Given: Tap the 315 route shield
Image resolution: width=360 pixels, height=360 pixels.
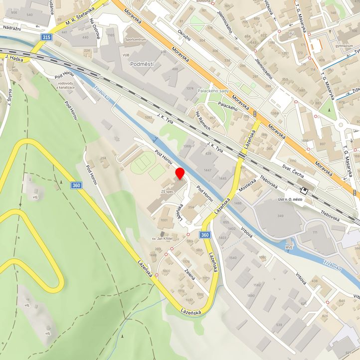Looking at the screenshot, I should point(46,37).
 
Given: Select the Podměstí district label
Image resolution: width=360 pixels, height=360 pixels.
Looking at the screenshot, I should point(142,65).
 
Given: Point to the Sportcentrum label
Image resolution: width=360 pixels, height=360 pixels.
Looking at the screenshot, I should point(136,38).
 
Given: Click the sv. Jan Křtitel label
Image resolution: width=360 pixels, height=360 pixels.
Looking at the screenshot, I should point(165,239).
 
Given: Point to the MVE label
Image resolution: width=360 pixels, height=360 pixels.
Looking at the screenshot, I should point(289,247).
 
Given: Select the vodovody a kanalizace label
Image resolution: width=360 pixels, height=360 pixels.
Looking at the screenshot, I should point(66,85).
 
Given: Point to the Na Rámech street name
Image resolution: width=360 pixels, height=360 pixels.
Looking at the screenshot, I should point(203,121).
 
